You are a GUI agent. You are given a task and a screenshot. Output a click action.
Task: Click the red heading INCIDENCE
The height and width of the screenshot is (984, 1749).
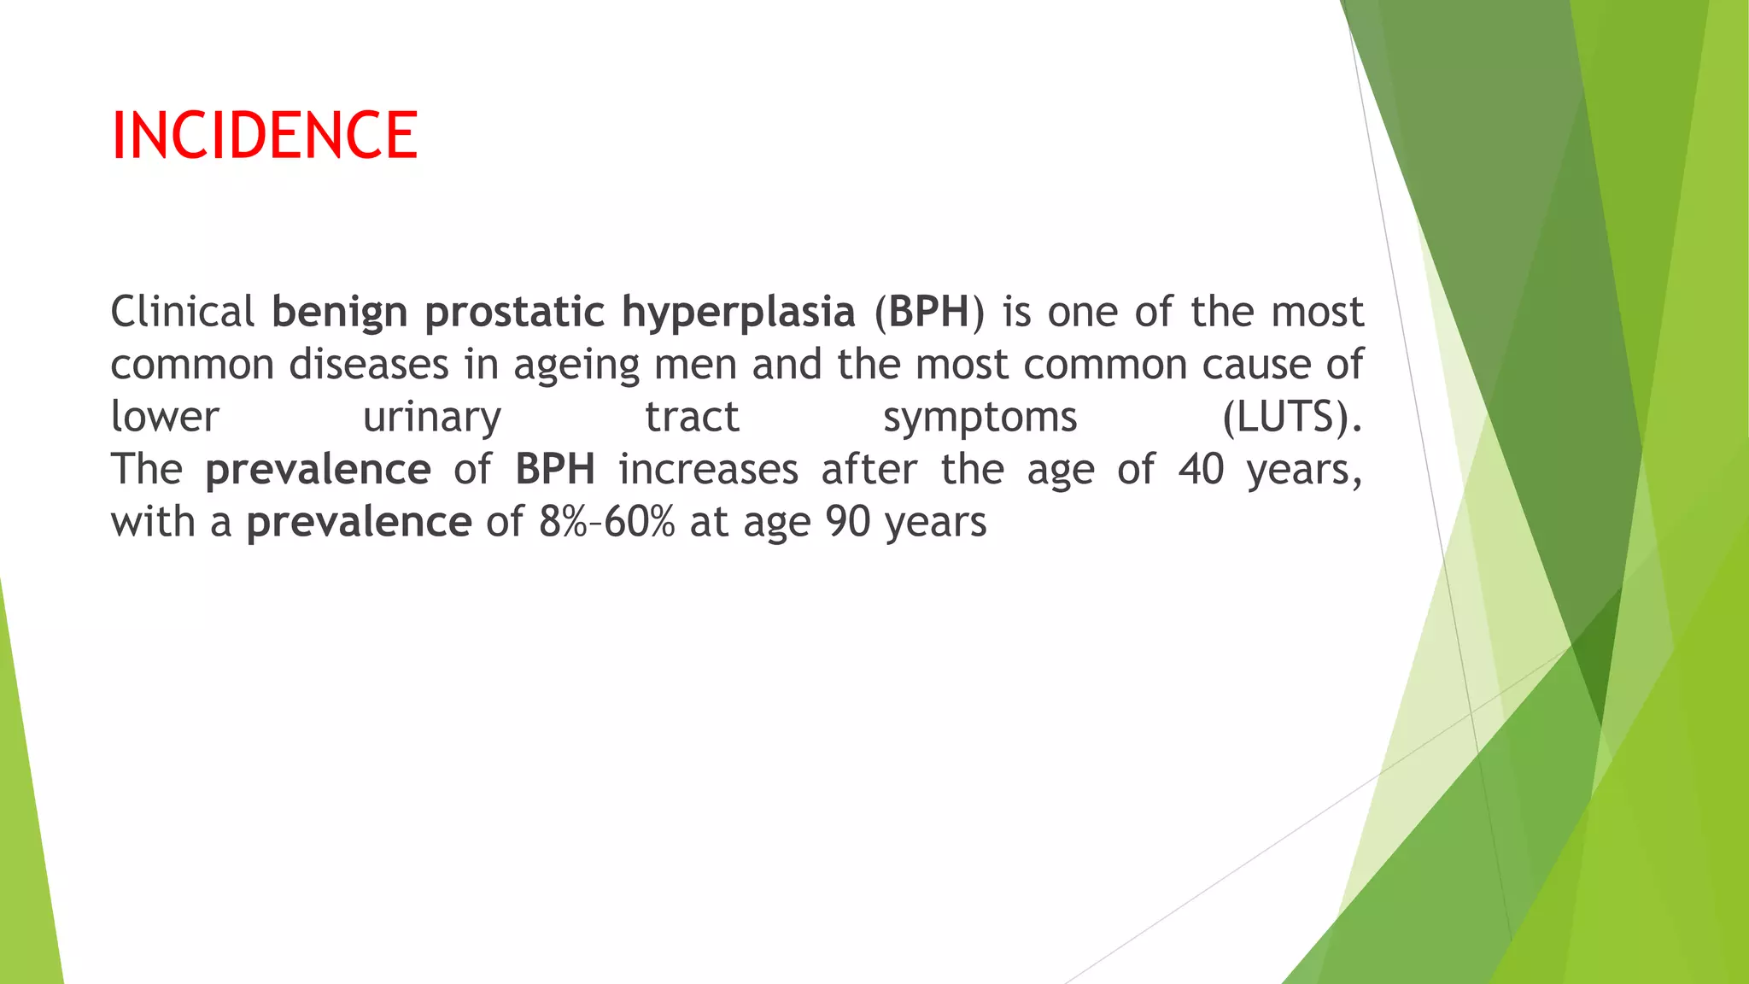point(264,135)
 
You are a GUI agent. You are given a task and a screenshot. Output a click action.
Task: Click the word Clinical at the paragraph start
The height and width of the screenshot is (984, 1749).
point(182,312)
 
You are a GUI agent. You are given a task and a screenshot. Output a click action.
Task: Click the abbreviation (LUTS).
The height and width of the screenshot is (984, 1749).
point(1291,418)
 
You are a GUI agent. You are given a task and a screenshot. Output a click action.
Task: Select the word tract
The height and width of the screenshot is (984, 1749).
point(692,418)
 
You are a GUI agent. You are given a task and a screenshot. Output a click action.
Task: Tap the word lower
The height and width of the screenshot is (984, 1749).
point(165,418)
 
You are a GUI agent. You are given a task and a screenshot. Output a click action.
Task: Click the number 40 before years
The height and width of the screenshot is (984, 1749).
point(1201,470)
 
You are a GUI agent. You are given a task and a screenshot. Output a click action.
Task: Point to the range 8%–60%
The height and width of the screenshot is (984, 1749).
point(606,522)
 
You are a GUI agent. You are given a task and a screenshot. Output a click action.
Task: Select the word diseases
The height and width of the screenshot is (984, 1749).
point(368,365)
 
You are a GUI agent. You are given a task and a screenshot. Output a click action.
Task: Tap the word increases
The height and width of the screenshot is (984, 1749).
point(708,470)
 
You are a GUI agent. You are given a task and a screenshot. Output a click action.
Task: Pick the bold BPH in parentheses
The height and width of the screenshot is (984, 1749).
point(928,312)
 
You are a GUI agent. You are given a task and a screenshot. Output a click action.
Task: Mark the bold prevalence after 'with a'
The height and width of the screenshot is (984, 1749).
point(359,523)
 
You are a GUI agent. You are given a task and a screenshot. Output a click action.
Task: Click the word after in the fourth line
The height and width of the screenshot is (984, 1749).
point(869,470)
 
